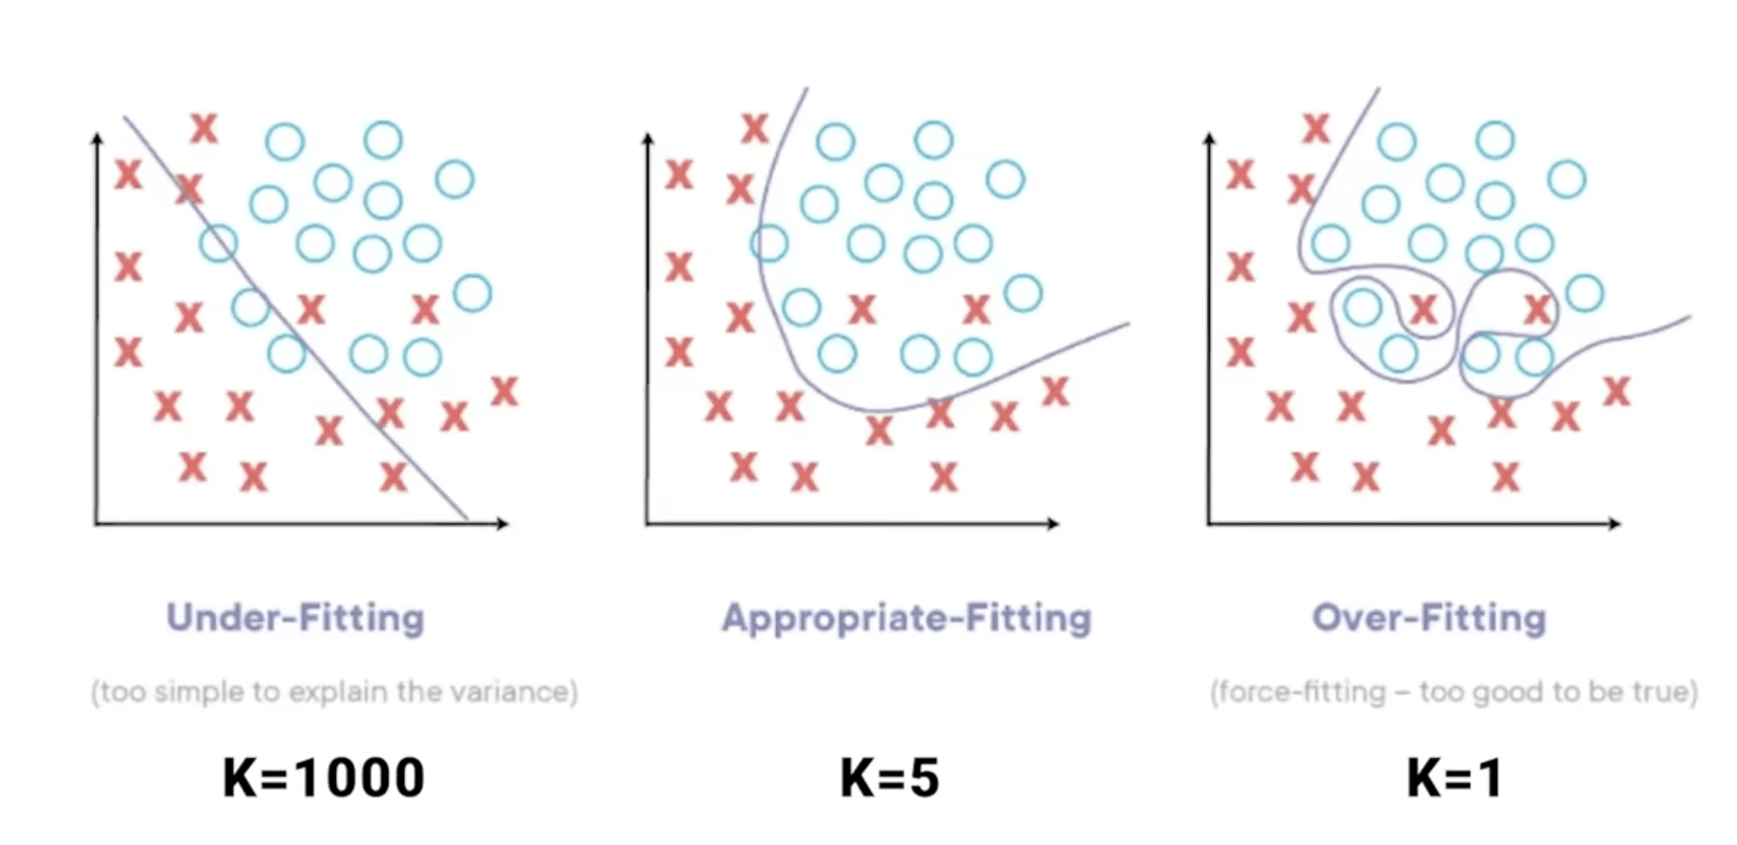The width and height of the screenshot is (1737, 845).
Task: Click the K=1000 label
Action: [x=324, y=778]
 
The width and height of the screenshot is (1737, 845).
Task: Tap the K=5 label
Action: [x=889, y=778]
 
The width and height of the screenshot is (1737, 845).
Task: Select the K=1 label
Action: [x=1454, y=778]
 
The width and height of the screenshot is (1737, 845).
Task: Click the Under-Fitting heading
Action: [x=295, y=617]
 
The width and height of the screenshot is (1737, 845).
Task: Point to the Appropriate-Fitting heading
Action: [x=906, y=618]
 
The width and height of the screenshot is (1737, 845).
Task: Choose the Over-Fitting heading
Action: [x=1428, y=617]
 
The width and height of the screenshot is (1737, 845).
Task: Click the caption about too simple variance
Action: [x=334, y=691]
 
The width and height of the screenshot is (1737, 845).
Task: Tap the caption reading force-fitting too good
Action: [x=1453, y=691]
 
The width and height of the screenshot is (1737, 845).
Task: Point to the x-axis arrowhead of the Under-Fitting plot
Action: [x=503, y=523]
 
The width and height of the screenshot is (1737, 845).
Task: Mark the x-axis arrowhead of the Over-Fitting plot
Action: [x=1615, y=523]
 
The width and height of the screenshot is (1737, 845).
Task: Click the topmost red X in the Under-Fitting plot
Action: [x=203, y=128]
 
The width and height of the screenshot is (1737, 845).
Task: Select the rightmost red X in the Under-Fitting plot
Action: [x=504, y=391]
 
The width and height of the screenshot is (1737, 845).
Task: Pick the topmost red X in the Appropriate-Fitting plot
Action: [x=755, y=128]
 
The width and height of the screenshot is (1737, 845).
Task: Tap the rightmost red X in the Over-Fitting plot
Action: [x=1616, y=391]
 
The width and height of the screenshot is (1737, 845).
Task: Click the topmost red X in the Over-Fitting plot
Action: [x=1315, y=128]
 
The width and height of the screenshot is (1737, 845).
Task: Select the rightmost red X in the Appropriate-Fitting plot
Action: [x=1055, y=391]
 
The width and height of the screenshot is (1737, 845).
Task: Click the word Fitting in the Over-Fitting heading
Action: [x=1487, y=617]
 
